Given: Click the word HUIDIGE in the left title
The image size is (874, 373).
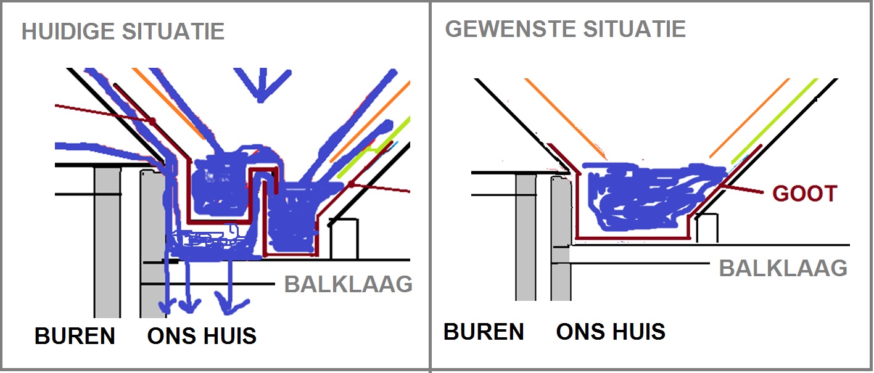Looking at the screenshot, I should (68, 31).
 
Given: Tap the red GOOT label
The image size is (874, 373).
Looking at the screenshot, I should (804, 194).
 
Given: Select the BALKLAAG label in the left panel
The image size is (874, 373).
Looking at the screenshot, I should (348, 284).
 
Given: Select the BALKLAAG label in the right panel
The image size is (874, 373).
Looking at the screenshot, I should (783, 268).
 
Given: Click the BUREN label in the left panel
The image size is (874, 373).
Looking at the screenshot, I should (75, 336).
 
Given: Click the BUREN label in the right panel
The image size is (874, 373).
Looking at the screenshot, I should (484, 332).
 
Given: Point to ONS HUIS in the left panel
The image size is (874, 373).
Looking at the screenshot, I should (202, 336).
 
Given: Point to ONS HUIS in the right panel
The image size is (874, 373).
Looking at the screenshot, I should (611, 332).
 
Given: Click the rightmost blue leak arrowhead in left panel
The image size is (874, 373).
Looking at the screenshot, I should (230, 303).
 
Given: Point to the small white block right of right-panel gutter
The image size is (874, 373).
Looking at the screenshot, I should (707, 228).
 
